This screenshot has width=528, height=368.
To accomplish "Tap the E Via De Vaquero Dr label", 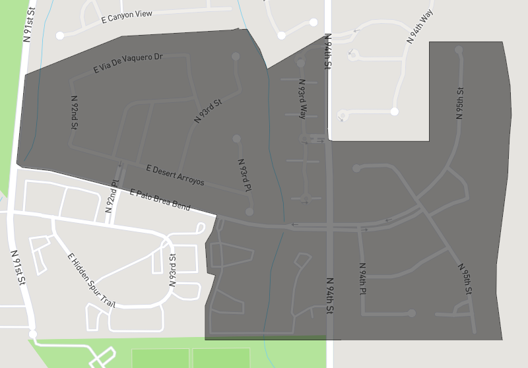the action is [x=128, y=63].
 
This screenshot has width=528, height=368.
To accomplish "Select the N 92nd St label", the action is [x=75, y=111].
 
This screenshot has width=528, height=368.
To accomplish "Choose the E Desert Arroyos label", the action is [x=171, y=174].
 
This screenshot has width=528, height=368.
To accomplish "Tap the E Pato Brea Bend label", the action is [x=160, y=200].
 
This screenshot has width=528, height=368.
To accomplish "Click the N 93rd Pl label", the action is [x=245, y=175].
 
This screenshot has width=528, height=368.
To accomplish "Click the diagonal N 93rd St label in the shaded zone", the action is [x=208, y=111].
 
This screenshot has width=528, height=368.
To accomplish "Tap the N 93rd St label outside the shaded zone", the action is [x=173, y=270].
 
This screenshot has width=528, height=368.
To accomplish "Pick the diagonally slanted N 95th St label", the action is [x=465, y=279].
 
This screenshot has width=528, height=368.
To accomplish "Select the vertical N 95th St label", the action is [x=460, y=104].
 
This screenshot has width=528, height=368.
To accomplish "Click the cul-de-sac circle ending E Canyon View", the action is [x=60, y=35].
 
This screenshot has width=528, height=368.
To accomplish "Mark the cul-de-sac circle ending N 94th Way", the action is [x=394, y=111].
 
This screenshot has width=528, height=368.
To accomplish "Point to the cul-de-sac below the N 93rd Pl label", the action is [x=249, y=212].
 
